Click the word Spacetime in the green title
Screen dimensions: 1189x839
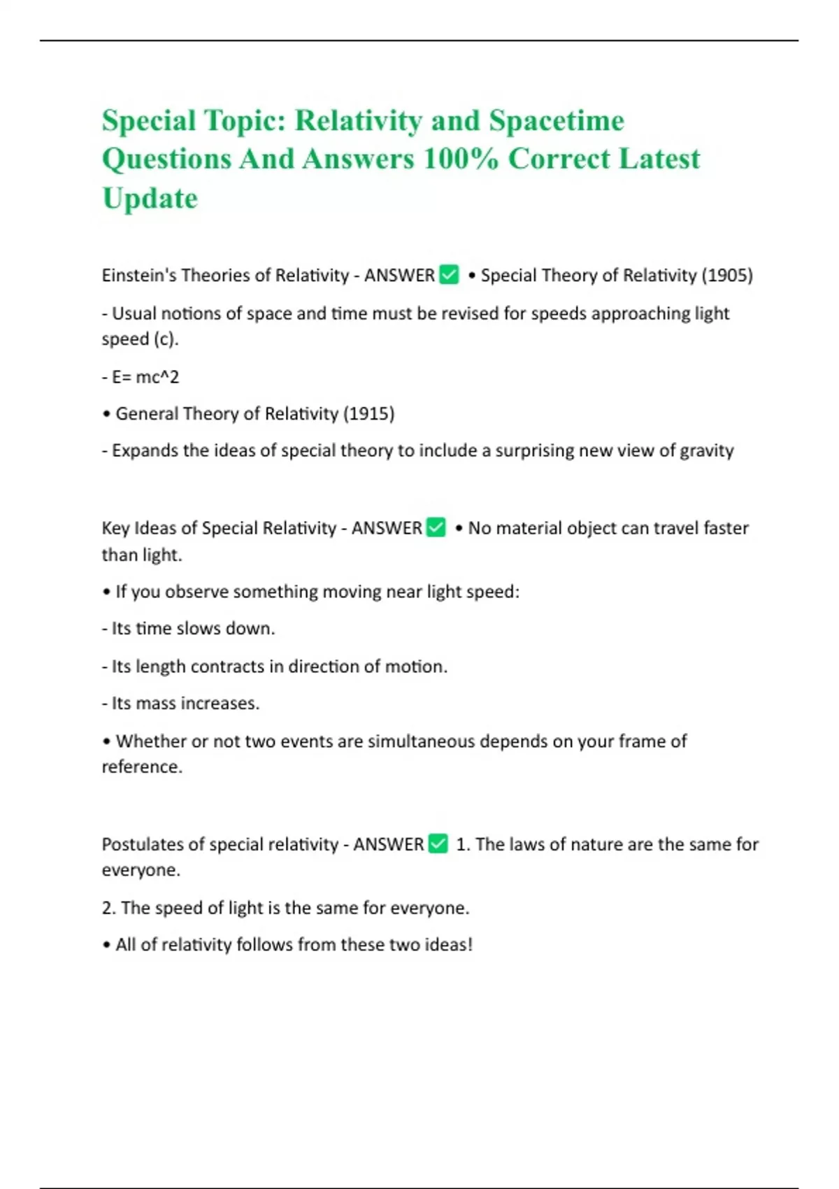click(556, 121)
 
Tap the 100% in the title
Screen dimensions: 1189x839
click(461, 159)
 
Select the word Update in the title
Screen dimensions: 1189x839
click(150, 199)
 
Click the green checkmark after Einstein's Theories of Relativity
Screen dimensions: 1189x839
click(449, 275)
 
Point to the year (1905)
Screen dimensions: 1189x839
click(726, 276)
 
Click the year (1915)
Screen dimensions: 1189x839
click(368, 414)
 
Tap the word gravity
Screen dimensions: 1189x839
click(706, 451)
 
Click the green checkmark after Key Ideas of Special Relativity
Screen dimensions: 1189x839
click(436, 527)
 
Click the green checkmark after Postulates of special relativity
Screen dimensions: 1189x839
click(438, 844)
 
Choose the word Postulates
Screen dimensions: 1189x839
click(136, 845)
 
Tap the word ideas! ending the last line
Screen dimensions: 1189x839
click(448, 945)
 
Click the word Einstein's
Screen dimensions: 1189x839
click(138, 276)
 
